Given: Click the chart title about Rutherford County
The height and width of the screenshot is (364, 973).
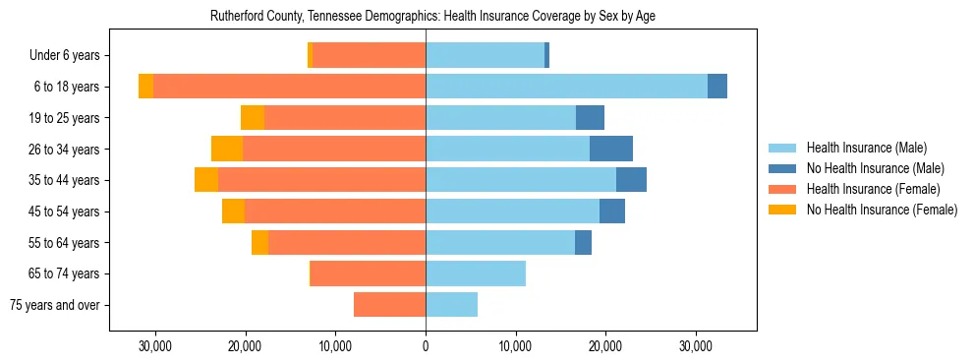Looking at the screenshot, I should [432, 17].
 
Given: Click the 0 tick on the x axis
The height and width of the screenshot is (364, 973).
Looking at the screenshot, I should [426, 346].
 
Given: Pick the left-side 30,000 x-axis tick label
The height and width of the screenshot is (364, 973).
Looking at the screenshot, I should [155, 346].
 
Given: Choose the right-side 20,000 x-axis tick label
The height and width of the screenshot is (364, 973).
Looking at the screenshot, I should [605, 346].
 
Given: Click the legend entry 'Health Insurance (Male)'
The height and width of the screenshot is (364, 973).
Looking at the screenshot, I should [866, 148].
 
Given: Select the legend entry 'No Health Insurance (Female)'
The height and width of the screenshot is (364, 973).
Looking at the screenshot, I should [882, 210].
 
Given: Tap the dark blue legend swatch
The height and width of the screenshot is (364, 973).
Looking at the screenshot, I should [783, 168].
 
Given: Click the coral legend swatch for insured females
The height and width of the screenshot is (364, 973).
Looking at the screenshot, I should [783, 189].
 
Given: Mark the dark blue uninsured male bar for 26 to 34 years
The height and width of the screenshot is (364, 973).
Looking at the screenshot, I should [611, 149].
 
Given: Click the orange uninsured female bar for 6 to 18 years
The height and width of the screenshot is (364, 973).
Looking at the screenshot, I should [145, 87].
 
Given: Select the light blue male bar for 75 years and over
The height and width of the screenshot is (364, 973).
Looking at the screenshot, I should [451, 305].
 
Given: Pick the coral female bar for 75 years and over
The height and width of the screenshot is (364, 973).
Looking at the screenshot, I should [389, 305].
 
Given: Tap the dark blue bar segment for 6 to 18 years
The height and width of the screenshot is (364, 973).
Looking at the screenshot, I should [717, 87].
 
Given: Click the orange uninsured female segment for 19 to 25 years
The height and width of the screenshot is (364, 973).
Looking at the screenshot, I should [253, 118].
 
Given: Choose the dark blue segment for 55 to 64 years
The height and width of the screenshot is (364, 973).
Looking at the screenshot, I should [583, 242].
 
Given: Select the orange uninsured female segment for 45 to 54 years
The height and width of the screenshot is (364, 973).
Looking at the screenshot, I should [233, 212].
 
